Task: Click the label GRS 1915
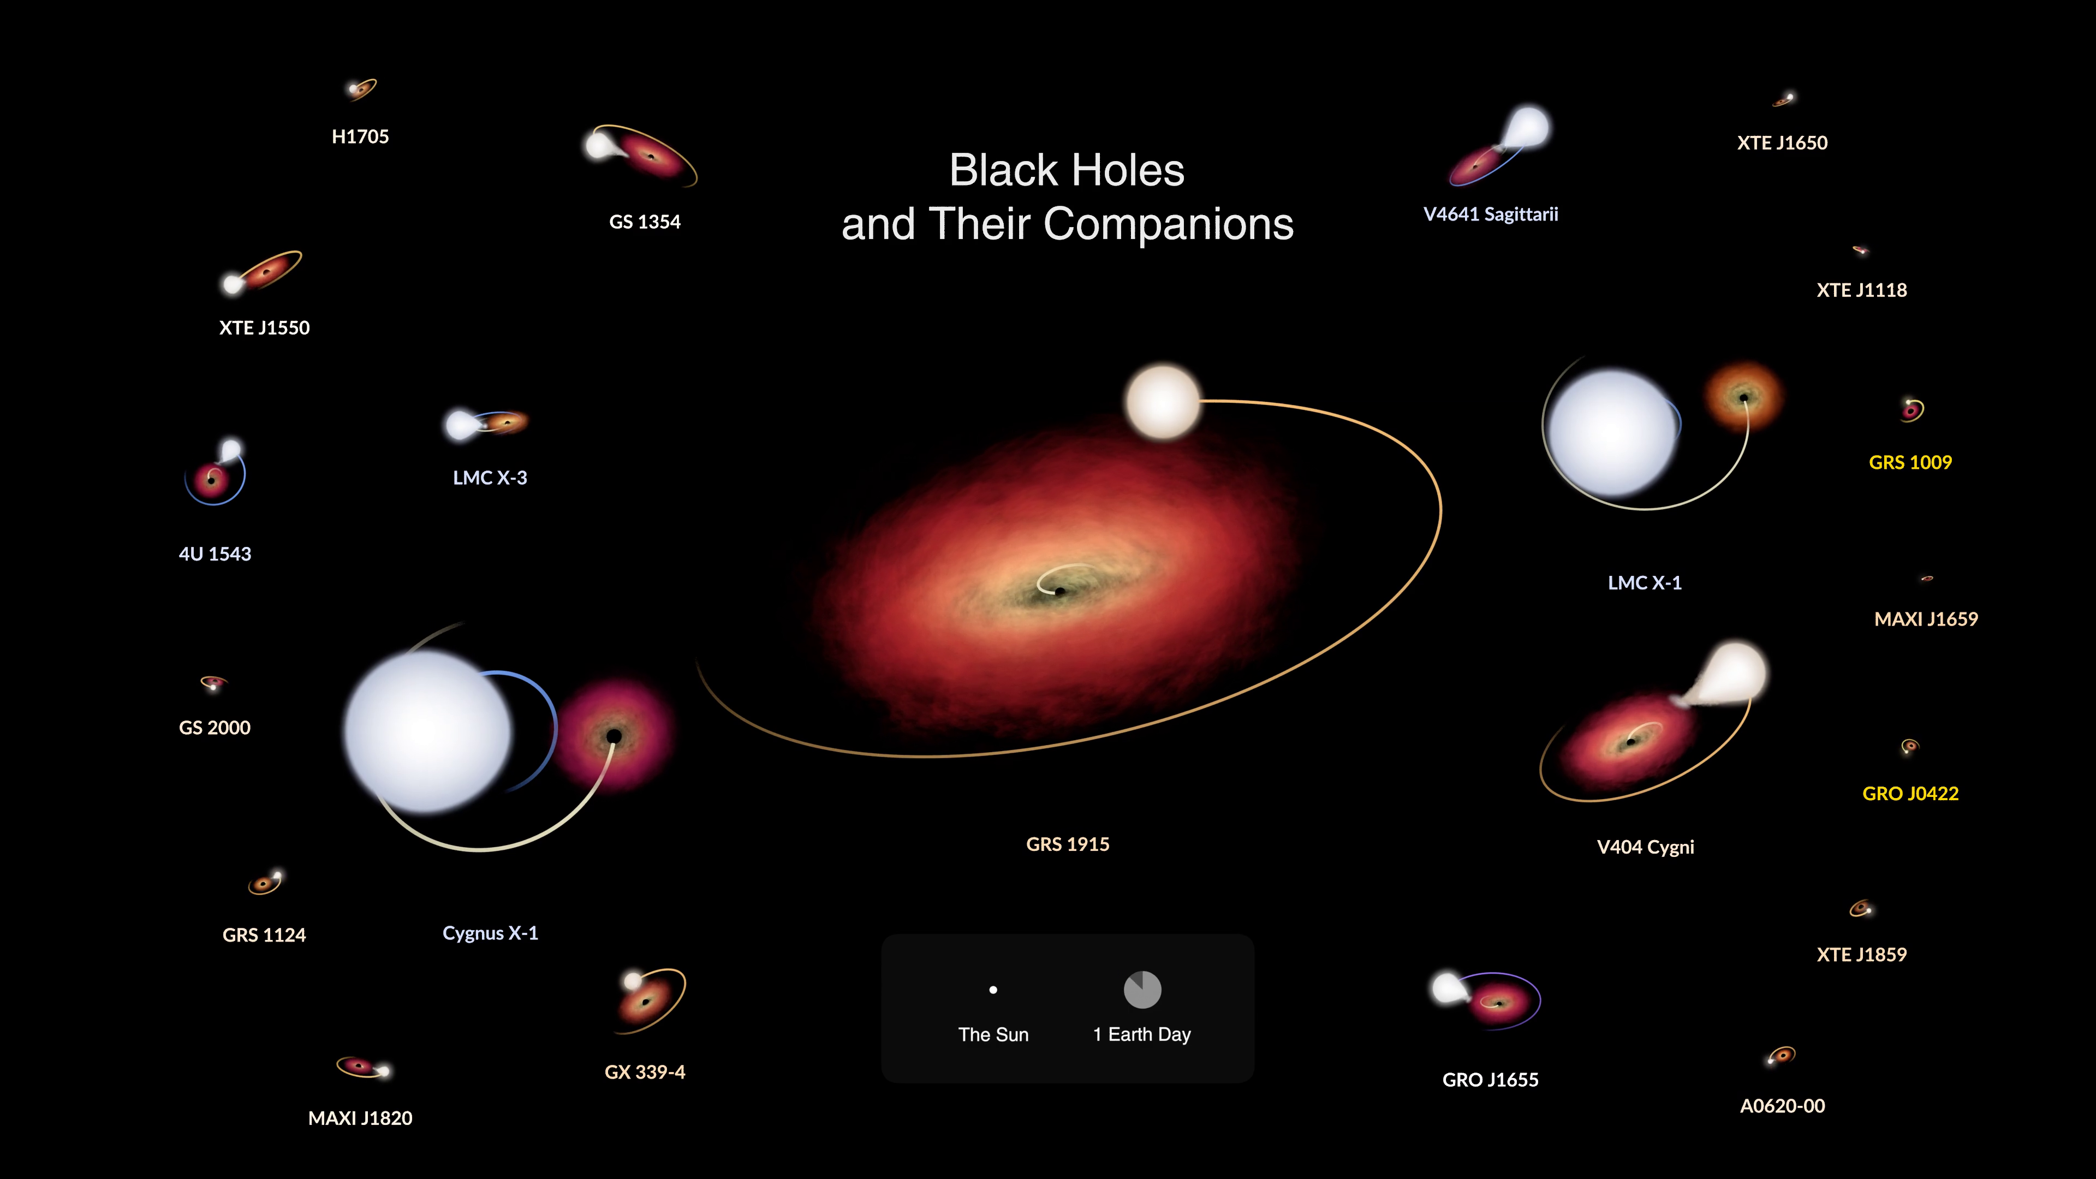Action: (x=1068, y=844)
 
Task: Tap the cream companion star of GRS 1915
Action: (x=1163, y=402)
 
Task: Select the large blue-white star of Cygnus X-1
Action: (x=429, y=731)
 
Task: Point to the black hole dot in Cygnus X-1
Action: (x=614, y=736)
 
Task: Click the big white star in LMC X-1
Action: (x=1612, y=433)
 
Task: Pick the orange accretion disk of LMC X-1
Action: (x=1744, y=397)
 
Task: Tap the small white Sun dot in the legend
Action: (x=993, y=990)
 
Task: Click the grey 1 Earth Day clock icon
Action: (x=1142, y=990)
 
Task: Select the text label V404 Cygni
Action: (x=1645, y=847)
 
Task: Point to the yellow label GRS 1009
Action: (x=1910, y=462)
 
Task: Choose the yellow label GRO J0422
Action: (x=1910, y=793)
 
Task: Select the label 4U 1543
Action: (x=215, y=554)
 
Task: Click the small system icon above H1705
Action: (x=361, y=88)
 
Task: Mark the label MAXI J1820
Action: (x=360, y=1118)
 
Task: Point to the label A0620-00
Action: (x=1782, y=1106)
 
